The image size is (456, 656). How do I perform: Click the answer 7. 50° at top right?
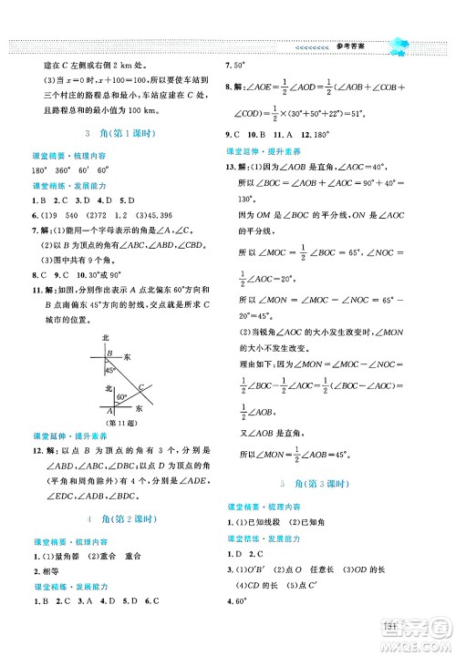coord(237,67)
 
